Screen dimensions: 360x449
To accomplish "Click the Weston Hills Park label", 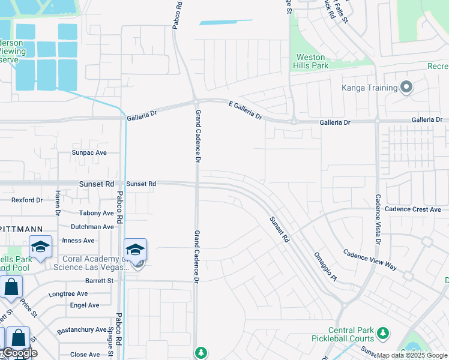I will (x=312, y=61).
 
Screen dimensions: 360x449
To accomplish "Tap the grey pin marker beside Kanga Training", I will (x=406, y=88).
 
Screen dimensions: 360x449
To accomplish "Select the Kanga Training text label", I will (x=370, y=88).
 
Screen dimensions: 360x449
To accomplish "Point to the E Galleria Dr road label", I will (x=246, y=109).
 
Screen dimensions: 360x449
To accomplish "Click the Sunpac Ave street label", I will (x=89, y=152).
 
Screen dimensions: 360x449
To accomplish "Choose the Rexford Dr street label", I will (x=27, y=200).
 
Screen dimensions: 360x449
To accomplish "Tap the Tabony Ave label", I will (x=96, y=213).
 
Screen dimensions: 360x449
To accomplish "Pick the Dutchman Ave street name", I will (x=92, y=227).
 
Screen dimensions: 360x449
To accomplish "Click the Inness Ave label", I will (x=78, y=241).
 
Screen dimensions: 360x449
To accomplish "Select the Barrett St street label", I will (x=98, y=280).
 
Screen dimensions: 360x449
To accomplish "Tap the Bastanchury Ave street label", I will (x=82, y=330).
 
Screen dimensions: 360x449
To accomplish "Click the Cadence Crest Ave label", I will (x=412, y=209).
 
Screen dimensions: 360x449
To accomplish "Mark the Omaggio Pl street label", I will (x=325, y=265).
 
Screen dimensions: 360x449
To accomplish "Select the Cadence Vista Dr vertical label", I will (x=378, y=220).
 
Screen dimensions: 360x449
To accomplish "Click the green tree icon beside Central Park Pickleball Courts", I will (x=382, y=332).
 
